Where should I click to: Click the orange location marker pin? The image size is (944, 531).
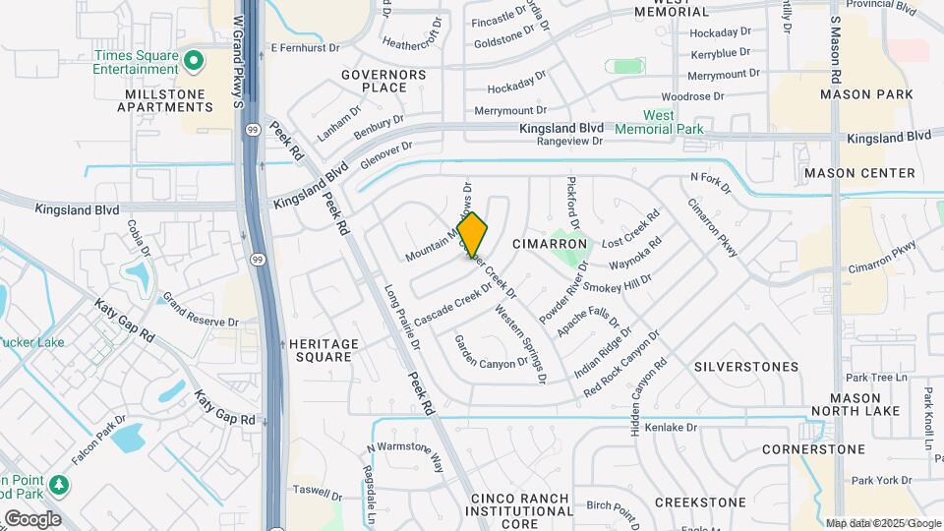472,235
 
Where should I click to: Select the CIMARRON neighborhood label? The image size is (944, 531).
550,244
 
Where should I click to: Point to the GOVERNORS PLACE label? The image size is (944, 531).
383,81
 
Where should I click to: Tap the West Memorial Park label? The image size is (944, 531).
659,122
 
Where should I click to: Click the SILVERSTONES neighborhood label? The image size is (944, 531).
746,367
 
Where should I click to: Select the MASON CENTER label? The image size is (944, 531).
859,173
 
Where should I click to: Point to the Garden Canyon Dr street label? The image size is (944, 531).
491,351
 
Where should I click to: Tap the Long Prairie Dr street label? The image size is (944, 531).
402,318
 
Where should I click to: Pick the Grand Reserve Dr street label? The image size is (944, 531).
200,309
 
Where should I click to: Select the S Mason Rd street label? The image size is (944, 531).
835,49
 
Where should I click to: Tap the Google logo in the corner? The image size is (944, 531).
31,519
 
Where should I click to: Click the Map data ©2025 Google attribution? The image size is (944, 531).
882,523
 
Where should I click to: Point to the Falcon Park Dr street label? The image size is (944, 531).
98,440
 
